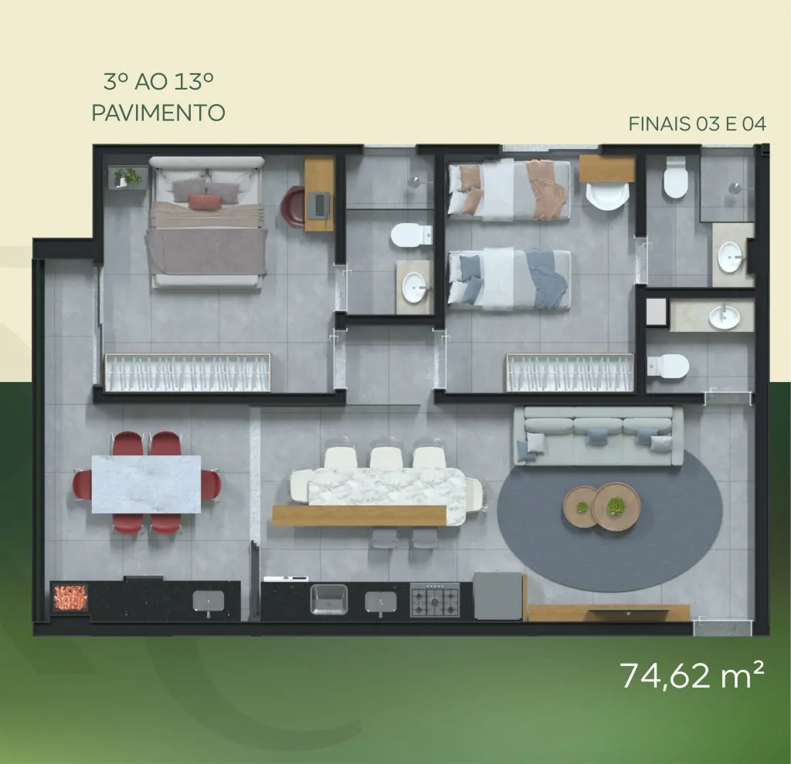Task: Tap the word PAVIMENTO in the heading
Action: pyautogui.click(x=158, y=113)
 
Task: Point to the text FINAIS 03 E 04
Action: pyautogui.click(x=698, y=123)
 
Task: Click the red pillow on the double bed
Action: pyautogui.click(x=205, y=201)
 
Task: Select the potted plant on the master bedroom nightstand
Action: pyautogui.click(x=127, y=177)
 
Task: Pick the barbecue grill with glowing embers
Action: pyautogui.click(x=70, y=597)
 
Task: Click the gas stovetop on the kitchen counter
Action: pyautogui.click(x=435, y=599)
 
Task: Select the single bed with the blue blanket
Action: pyautogui.click(x=510, y=279)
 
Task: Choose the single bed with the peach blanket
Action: pyautogui.click(x=510, y=190)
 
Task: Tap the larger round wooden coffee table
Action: pyautogui.click(x=616, y=506)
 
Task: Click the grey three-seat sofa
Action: pyautogui.click(x=599, y=437)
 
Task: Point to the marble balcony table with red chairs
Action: pyautogui.click(x=146, y=484)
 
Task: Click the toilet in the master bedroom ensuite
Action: pyautogui.click(x=411, y=235)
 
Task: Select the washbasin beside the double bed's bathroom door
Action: pyautogui.click(x=415, y=287)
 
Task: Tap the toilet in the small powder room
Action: pyautogui.click(x=668, y=366)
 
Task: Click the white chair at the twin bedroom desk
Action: pyautogui.click(x=607, y=197)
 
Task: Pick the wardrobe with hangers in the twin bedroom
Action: pyautogui.click(x=569, y=373)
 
